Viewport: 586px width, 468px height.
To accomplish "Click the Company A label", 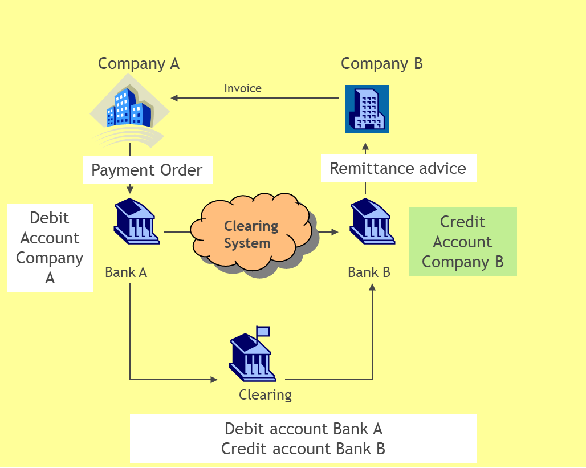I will pyautogui.click(x=139, y=63).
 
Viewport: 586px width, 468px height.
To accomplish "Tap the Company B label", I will pyautogui.click(x=381, y=63).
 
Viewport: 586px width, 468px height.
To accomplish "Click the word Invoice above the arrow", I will pyautogui.click(x=243, y=88).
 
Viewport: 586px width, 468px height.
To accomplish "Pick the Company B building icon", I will pyautogui.click(x=367, y=109).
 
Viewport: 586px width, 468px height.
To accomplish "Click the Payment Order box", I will pyautogui.click(x=147, y=170).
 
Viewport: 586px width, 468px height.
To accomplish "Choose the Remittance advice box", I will pyautogui.click(x=398, y=168).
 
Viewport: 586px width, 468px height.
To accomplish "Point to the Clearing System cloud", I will pyautogui.click(x=251, y=234).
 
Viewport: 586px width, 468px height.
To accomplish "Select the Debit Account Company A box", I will pyautogui.click(x=50, y=248).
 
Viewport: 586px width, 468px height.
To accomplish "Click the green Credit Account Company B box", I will pyautogui.click(x=462, y=242).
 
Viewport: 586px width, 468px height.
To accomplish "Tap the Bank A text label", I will pyautogui.click(x=126, y=272).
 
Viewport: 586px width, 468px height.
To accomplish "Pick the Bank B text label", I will pyautogui.click(x=369, y=272).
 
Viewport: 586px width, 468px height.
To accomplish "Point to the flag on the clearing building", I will pyautogui.click(x=263, y=331).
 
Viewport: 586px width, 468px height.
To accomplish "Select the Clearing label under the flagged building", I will pyautogui.click(x=265, y=394).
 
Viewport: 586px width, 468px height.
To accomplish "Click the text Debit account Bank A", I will pyautogui.click(x=303, y=429).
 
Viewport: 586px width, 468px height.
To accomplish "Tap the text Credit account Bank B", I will pyautogui.click(x=303, y=449).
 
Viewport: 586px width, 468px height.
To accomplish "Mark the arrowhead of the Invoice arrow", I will pyautogui.click(x=174, y=98).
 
